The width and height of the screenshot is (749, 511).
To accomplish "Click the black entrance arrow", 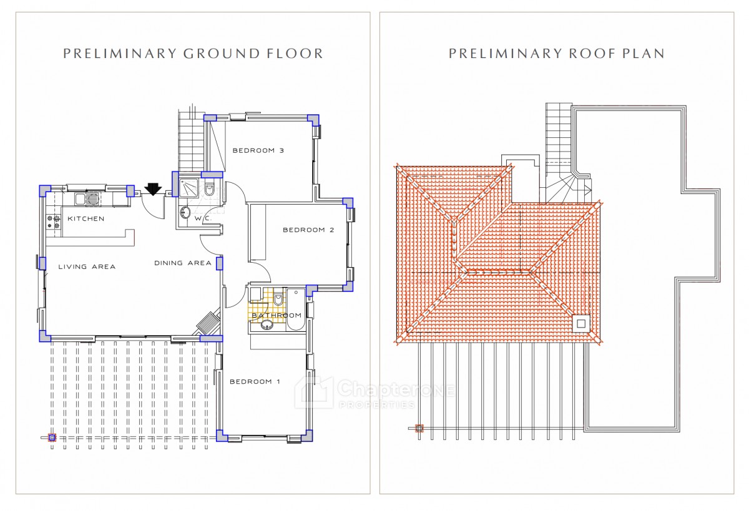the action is [x=153, y=188].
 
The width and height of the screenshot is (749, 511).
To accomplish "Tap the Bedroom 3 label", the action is [x=258, y=150].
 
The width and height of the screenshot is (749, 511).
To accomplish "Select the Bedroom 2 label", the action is [x=308, y=230].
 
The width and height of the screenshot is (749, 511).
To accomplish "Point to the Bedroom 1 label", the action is [x=255, y=381].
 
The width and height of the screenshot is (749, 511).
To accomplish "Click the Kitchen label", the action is [x=86, y=218].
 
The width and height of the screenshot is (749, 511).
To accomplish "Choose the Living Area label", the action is [x=87, y=266].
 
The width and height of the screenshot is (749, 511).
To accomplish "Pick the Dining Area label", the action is [x=182, y=263].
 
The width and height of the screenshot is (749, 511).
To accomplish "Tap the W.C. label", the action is [x=203, y=218].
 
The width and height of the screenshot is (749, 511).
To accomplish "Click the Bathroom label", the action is [x=277, y=315].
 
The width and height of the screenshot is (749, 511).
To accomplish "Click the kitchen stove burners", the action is [x=53, y=222].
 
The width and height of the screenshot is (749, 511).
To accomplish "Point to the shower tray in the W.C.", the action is [x=189, y=188].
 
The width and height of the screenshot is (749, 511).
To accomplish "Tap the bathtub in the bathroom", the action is [x=296, y=309].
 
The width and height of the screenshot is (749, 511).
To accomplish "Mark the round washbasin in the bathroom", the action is [x=267, y=324].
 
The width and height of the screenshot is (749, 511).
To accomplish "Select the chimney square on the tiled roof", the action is [x=581, y=324].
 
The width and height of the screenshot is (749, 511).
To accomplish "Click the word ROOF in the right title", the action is [x=591, y=54].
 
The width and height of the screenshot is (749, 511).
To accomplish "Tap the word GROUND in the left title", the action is [x=222, y=54].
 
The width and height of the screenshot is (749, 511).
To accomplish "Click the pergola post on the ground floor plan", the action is [x=52, y=437].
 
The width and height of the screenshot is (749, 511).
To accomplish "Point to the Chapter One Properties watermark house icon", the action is [x=314, y=392].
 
